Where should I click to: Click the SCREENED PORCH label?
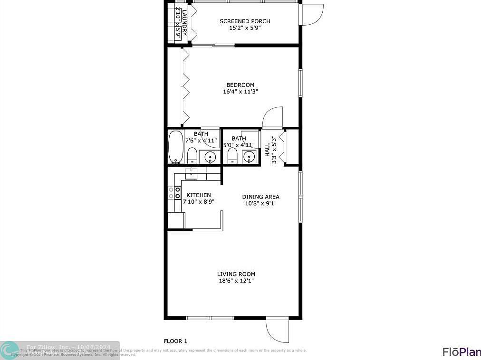click(x=245, y=21)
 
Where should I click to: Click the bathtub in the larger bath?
click(x=175, y=147)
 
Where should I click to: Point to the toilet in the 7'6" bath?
click(x=192, y=155)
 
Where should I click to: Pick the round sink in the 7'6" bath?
click(x=210, y=156)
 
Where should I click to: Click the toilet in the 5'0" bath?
click(x=232, y=155)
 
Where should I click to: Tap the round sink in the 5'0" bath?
click(x=249, y=156)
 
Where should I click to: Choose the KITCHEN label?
click(x=198, y=195)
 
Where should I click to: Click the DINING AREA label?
click(x=260, y=197)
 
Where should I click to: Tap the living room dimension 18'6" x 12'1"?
click(x=236, y=281)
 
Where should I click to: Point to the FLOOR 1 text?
click(x=175, y=341)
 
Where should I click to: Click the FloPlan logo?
click(x=461, y=351)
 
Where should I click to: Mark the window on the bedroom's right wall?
click(x=300, y=83)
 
